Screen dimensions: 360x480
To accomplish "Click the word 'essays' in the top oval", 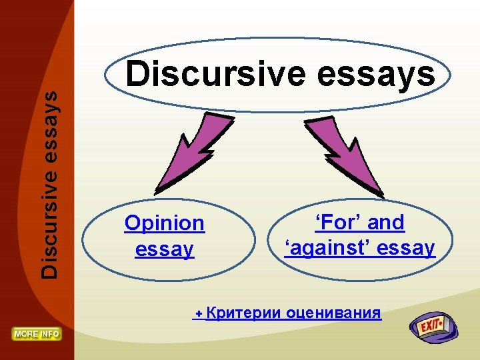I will pyautogui.click(x=378, y=76).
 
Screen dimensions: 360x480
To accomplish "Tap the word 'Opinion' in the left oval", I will pyautogui.click(x=164, y=223).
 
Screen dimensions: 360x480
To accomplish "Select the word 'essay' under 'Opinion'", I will pyautogui.click(x=164, y=249).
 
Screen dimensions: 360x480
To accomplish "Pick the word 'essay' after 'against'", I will pyautogui.click(x=405, y=248).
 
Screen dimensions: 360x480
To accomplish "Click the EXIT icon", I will pyautogui.click(x=434, y=327).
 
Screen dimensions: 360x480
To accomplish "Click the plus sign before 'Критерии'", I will pyautogui.click(x=198, y=313).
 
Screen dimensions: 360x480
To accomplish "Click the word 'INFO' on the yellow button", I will pyautogui.click(x=49, y=333).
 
